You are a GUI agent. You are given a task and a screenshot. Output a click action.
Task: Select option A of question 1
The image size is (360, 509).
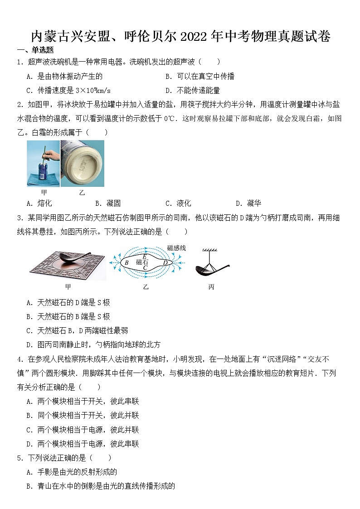[64, 76]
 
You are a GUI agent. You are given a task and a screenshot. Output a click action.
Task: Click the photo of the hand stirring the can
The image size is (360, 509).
[43, 163]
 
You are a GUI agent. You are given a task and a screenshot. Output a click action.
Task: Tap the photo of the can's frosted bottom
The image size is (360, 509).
[83, 163]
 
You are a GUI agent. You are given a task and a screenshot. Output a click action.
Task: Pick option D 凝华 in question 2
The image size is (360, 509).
[248, 203]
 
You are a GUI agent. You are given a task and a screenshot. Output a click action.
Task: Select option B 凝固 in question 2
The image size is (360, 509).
[108, 203]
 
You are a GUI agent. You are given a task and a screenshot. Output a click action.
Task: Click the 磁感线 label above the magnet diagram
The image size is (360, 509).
[176, 248]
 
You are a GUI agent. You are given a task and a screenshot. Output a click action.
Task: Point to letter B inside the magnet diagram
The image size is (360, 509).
[126, 262]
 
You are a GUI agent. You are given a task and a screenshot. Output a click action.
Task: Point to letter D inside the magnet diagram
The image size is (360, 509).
[165, 262]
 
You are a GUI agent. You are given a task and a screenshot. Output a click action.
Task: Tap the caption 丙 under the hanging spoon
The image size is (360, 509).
[211, 287]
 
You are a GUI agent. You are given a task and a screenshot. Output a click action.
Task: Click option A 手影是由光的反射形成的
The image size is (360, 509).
[72, 472]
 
